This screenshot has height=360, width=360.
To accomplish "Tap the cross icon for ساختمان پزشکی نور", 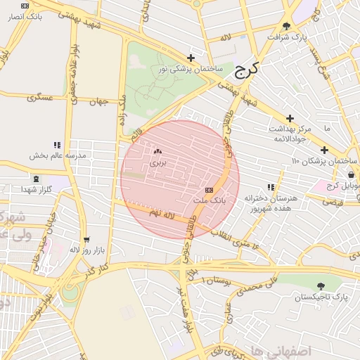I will (x=191, y=58).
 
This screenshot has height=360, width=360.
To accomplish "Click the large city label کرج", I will (x=245, y=70).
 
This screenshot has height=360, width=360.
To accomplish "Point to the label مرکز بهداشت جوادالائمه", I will (x=289, y=134).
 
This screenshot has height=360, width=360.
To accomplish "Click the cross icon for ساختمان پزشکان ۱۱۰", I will (x=324, y=150).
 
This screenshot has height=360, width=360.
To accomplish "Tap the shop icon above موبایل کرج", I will (x=351, y=175).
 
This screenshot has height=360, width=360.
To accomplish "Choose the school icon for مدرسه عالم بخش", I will (x=57, y=145).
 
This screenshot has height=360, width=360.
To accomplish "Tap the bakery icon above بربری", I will (x=157, y=150).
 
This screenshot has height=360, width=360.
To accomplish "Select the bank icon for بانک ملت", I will (x=209, y=190).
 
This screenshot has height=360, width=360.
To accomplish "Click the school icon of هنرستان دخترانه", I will (x=270, y=187).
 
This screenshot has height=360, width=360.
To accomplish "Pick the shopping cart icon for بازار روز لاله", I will (x=86, y=239).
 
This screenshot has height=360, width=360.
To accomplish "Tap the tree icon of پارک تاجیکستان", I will (x=321, y=286).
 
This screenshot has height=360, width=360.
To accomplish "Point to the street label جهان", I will (x=98, y=102).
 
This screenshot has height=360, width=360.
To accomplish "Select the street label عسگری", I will (x=40, y=98).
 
